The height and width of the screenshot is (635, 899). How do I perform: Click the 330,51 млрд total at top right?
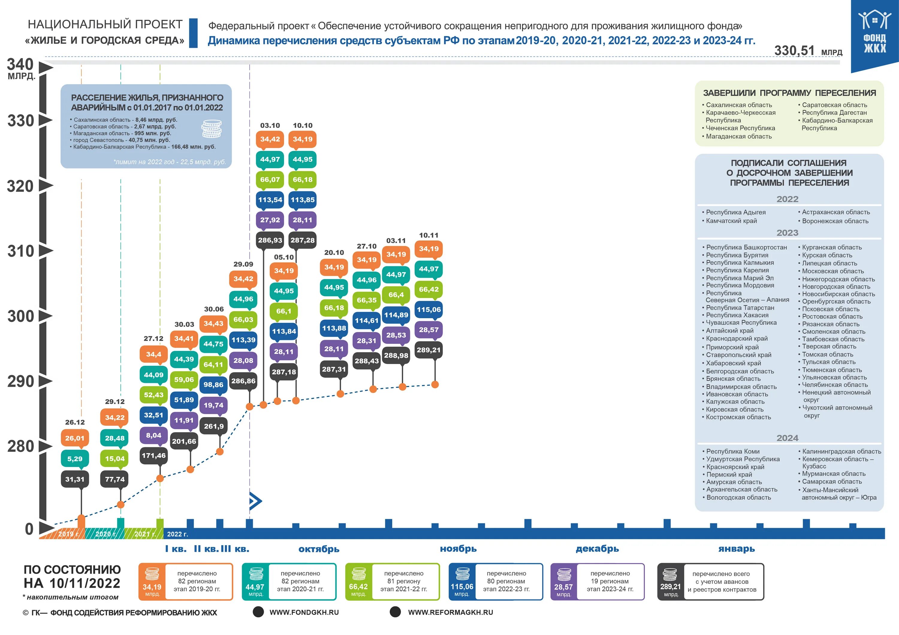click(808, 51)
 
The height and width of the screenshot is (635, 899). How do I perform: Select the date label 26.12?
click(75, 422)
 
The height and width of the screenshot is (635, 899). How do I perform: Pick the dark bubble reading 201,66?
click(184, 441)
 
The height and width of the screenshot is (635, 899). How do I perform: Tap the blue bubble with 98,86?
click(213, 385)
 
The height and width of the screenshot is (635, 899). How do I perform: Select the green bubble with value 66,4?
click(396, 295)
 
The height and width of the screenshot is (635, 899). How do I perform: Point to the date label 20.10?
click(334, 252)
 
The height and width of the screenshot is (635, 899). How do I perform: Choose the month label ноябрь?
click(458, 548)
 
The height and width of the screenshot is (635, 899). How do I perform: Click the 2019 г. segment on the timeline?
click(67, 534)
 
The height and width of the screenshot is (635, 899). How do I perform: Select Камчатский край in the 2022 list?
click(731, 221)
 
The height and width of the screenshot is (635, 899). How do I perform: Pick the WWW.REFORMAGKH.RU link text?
click(450, 612)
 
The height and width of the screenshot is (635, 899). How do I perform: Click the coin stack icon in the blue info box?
click(212, 129)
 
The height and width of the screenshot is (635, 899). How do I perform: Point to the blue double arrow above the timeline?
click(255, 501)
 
